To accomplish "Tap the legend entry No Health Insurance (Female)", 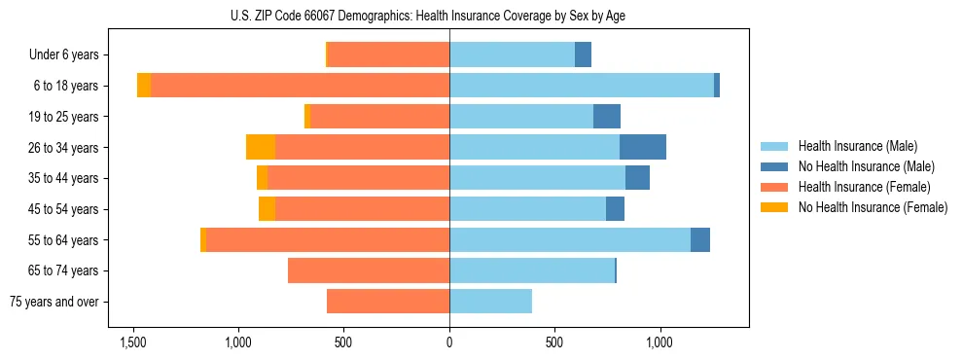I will (873, 207).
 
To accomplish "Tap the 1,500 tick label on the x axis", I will (133, 343).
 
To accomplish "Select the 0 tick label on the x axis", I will (449, 343).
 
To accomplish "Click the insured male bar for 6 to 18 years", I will (581, 86).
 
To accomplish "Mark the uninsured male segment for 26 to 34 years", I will (643, 147).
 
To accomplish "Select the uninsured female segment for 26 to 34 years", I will (261, 147).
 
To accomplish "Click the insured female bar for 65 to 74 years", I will (369, 270).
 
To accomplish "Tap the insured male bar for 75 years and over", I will (490, 302).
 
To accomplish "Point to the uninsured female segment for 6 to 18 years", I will (144, 86).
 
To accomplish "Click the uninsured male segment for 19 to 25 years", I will (607, 117).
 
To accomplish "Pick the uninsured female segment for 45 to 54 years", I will (267, 209).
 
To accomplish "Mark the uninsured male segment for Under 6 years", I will (583, 54).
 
